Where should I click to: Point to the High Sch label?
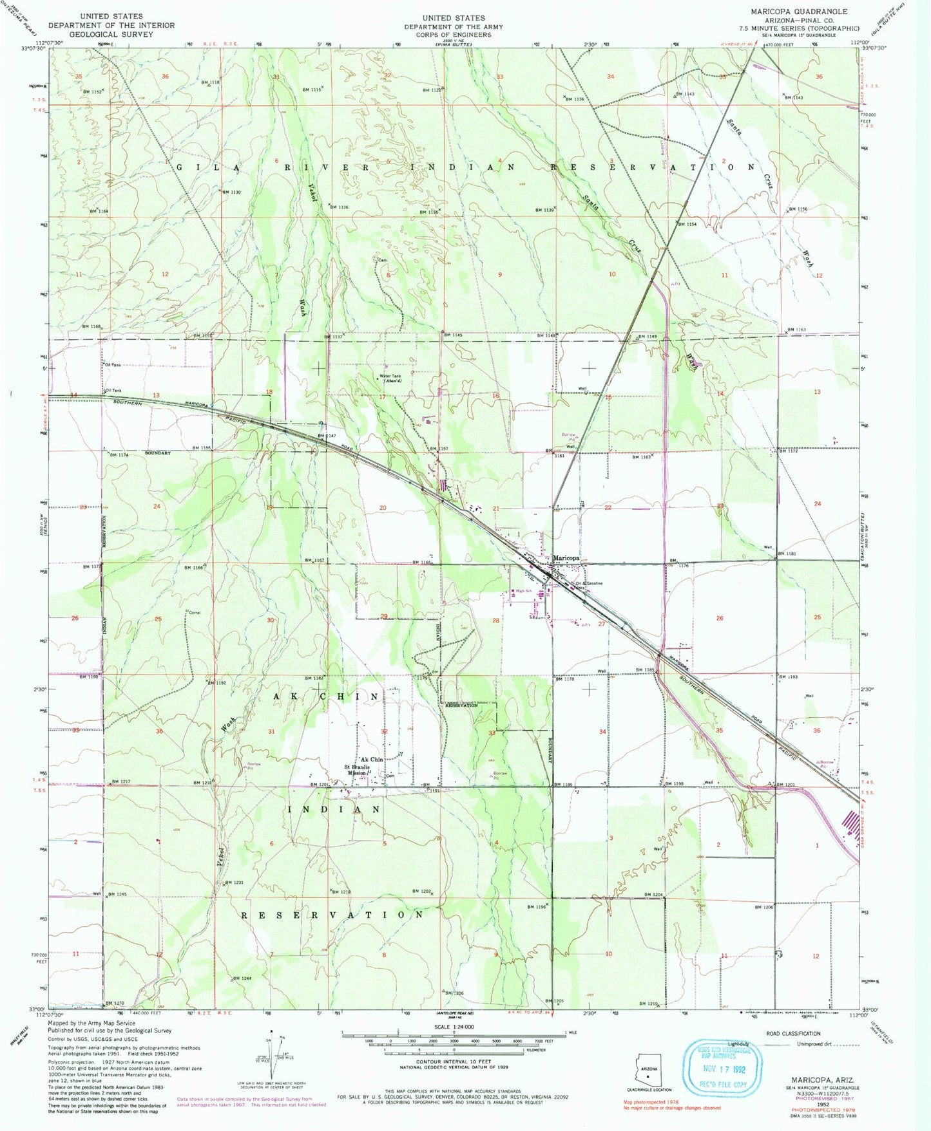tap(523, 591)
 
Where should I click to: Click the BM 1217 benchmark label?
tap(120, 781)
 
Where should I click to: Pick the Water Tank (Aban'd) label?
tap(390, 379)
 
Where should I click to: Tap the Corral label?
tap(194, 613)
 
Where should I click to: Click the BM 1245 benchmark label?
tap(117, 894)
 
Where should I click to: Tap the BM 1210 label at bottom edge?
tap(648, 1004)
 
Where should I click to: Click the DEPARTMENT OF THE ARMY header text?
tap(454, 27)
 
